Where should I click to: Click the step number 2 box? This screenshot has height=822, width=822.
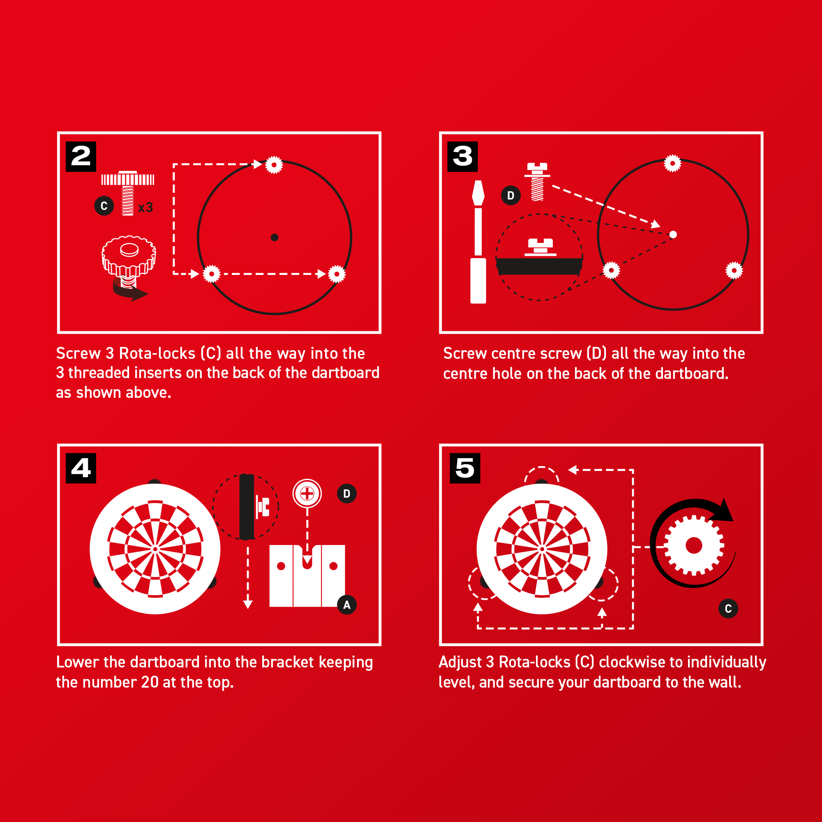point(81,156)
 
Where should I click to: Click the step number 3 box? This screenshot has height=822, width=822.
point(462,156)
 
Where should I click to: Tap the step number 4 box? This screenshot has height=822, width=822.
point(81,468)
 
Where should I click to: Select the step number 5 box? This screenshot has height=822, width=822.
point(465,468)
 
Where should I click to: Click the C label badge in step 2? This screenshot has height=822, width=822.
point(104,206)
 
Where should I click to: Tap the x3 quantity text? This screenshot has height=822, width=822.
point(145,208)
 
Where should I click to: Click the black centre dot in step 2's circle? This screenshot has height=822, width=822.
point(275,238)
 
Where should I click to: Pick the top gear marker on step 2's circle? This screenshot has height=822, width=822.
point(274,165)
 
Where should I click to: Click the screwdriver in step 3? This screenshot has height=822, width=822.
point(478,242)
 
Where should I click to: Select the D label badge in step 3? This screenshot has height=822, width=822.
point(511,195)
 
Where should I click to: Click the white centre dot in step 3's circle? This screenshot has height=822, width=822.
point(673,234)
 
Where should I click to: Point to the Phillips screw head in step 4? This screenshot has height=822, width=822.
point(307,494)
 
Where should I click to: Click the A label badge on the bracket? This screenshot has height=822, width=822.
point(347,605)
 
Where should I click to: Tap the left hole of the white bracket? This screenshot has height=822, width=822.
point(281,566)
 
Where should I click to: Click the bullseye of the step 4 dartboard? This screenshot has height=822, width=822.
point(155,549)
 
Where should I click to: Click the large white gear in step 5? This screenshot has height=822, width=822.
point(694,545)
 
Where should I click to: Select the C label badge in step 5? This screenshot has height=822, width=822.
point(728,608)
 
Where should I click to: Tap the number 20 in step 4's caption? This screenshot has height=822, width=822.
point(150,682)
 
